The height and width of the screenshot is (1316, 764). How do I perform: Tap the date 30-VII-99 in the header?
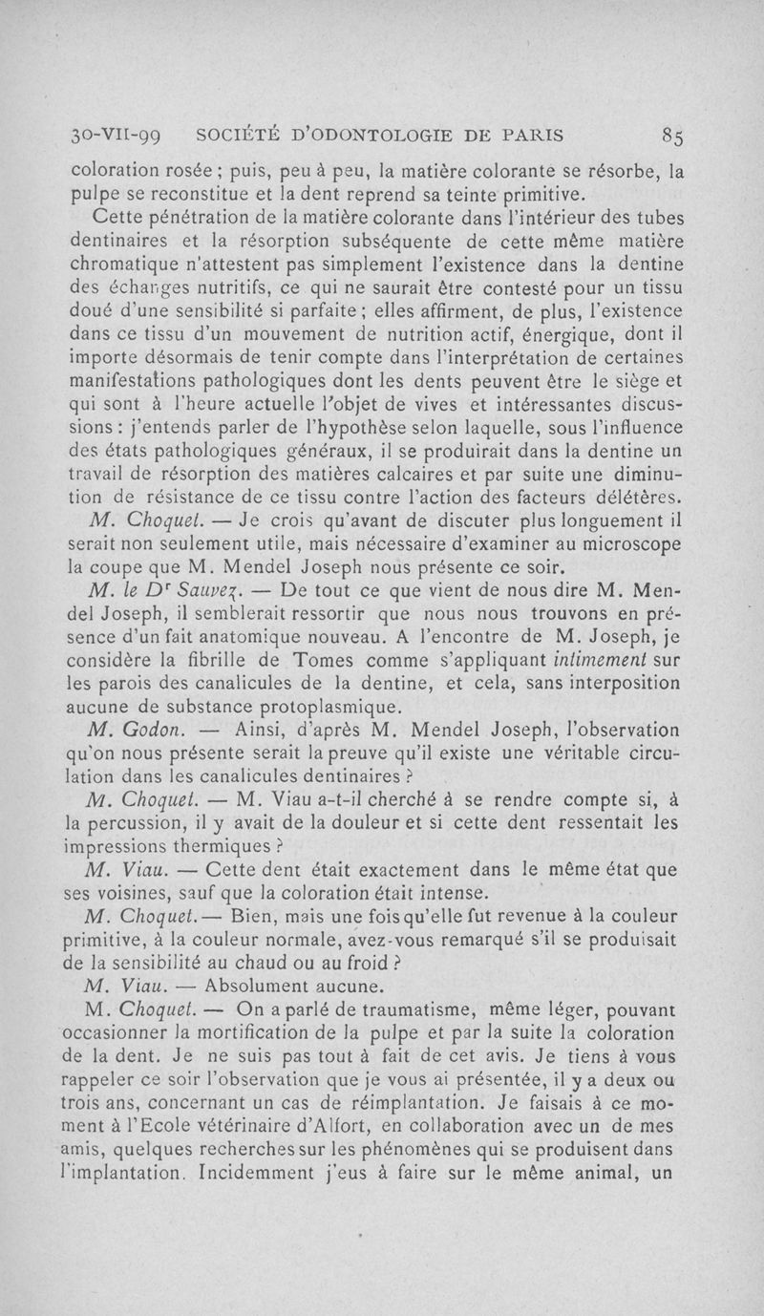[x=111, y=135]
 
